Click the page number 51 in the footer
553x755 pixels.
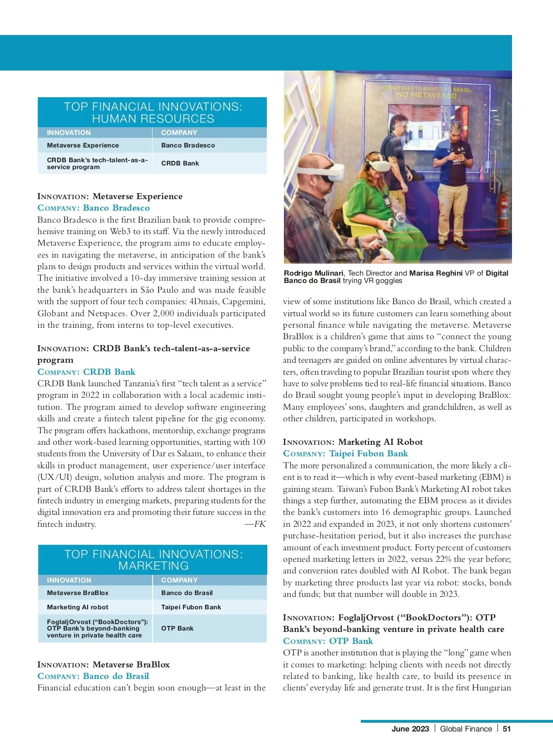pos(506,729)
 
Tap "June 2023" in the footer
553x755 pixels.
pos(410,729)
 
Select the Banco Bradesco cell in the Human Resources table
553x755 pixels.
pos(188,145)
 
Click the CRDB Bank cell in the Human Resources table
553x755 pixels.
pos(180,163)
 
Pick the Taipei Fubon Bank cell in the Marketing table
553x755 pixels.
pos(191,607)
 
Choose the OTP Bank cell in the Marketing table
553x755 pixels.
pos(177,628)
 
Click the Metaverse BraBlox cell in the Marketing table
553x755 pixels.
pos(78,593)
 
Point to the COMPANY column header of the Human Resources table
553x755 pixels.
pos(179,133)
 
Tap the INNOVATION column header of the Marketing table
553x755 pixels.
pos(69,580)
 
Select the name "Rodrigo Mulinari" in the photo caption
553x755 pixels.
pos(313,273)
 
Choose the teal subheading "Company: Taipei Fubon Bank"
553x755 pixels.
pos(346,454)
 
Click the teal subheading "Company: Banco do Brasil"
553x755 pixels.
pos(93,676)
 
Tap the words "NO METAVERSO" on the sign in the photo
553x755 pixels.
pos(426,95)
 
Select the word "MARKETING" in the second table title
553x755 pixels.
pos(153,566)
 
